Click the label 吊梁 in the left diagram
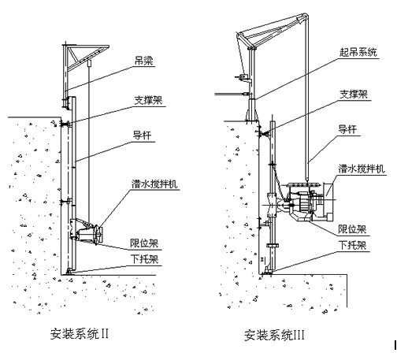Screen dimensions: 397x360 [143, 61]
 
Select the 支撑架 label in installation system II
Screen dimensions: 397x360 [148, 100]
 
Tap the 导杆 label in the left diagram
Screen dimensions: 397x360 [142, 135]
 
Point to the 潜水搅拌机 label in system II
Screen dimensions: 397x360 [154, 184]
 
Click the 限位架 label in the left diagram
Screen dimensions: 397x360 [144, 243]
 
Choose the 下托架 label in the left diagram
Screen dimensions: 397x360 [145, 259]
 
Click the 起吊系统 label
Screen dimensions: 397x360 [358, 52]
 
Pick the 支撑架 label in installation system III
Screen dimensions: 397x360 [354, 95]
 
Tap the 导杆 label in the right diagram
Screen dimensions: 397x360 [347, 129]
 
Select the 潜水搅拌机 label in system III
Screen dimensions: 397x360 [362, 169]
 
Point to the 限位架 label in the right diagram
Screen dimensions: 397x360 [352, 229]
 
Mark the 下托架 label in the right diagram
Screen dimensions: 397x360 [352, 245]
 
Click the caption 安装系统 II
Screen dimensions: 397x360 [80, 334]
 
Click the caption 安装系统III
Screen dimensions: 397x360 [274, 336]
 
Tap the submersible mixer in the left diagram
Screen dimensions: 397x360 [88, 232]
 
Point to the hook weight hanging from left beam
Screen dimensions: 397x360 [89, 64]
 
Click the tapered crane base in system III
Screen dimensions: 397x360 [252, 110]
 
